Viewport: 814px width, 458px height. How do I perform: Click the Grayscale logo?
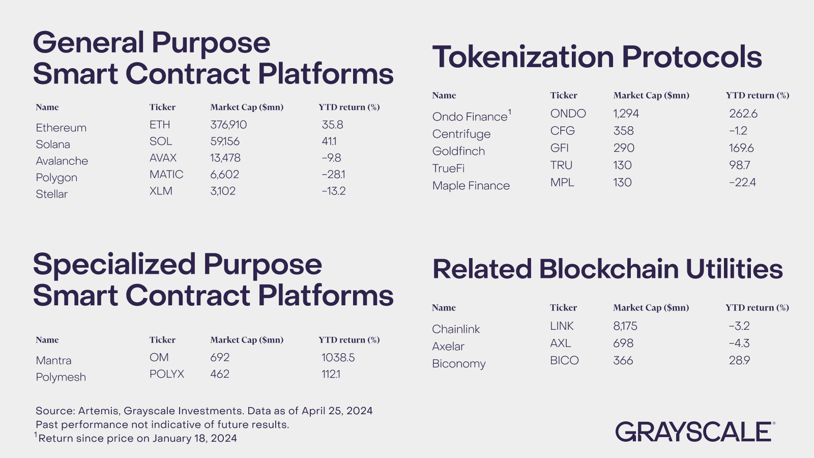(694, 432)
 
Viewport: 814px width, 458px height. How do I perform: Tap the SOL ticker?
(161, 141)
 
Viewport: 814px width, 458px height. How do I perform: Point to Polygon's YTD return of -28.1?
(333, 174)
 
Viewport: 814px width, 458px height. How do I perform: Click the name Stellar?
(51, 194)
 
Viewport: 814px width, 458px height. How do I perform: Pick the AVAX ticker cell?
(163, 158)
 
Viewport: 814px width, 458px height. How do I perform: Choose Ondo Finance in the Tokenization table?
(470, 117)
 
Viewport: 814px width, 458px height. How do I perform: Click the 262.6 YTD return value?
(743, 113)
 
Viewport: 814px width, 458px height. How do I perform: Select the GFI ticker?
(559, 148)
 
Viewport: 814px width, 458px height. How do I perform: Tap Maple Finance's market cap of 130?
(622, 182)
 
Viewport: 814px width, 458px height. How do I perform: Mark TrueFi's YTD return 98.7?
(739, 165)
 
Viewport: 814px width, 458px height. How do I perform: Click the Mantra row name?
(53, 360)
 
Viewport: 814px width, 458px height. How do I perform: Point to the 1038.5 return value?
(338, 357)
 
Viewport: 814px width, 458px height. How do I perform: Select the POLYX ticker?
(166, 374)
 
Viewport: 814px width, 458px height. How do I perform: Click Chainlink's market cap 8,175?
(625, 326)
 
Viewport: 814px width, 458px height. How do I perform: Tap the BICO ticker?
(564, 360)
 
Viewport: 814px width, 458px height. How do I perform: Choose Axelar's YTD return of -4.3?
(739, 343)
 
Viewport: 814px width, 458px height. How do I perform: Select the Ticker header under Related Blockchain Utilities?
(563, 307)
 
